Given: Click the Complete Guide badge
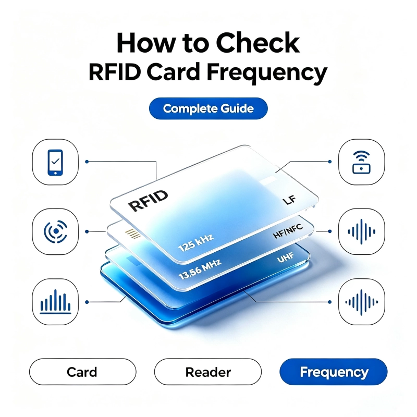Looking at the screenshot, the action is [208, 108].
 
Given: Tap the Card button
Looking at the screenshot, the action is [82, 372].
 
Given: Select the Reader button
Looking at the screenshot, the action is [207, 372].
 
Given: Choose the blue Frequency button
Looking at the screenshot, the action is [334, 372].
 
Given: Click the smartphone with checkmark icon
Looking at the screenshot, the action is [55, 162].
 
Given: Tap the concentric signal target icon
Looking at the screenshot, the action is [56, 231].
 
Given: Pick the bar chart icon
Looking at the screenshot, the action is [55, 302].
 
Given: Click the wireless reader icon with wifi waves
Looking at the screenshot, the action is [361, 162].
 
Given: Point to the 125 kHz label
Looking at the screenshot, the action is [196, 243].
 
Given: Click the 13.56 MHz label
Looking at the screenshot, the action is [200, 269].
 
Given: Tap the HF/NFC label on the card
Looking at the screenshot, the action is [288, 231].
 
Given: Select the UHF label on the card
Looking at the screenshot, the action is [286, 257].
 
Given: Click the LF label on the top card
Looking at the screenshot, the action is [289, 200].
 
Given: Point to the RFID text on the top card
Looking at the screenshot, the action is [148, 201].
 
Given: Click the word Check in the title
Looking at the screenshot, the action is [257, 43].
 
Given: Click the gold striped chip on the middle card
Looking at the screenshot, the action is [133, 234].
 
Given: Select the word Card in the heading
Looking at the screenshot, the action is [173, 72].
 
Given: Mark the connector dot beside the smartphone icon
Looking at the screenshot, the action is [87, 162].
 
